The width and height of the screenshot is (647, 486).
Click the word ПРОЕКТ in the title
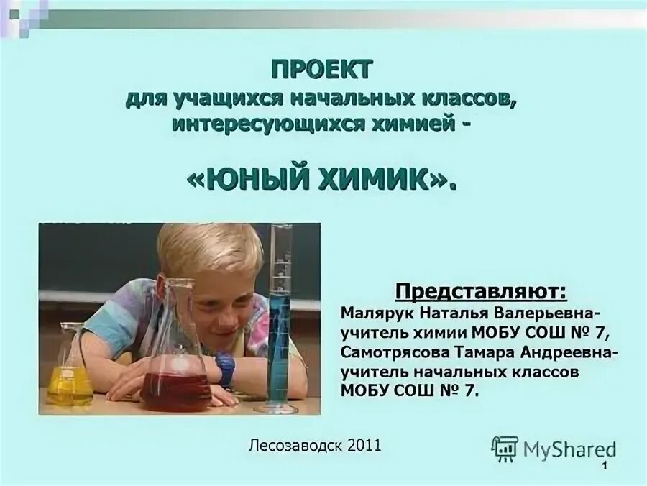click(323, 70)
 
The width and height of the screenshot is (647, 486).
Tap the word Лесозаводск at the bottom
click(295, 445)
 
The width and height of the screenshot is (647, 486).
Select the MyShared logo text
click(570, 449)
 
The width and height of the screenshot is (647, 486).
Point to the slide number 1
click(606, 469)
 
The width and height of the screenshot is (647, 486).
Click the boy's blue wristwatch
click(226, 370)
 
